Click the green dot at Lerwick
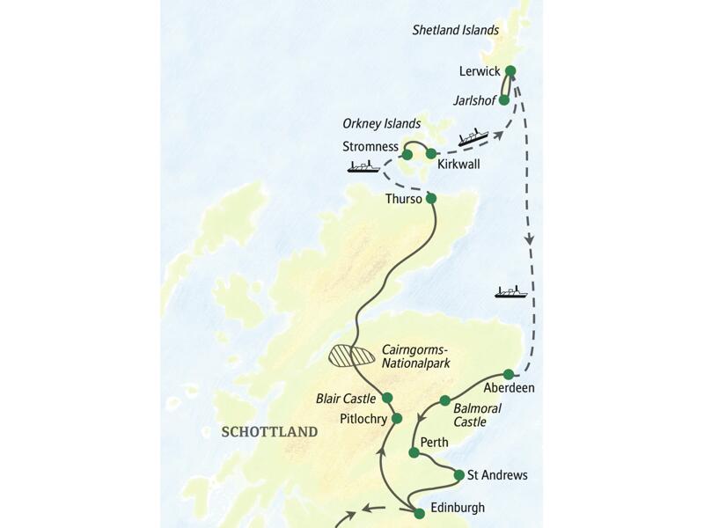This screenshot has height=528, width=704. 510,71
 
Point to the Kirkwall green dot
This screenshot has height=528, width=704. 431,153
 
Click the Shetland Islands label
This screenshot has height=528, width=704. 456,30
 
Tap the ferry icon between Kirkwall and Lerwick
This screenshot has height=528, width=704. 473,137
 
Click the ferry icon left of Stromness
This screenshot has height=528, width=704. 363,165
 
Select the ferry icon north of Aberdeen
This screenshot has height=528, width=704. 510,291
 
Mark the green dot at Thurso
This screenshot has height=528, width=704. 431,199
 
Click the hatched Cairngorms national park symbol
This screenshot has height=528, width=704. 351,356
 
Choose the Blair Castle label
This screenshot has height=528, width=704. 346,399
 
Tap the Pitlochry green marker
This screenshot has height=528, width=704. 397,418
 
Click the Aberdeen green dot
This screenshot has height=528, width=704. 509,374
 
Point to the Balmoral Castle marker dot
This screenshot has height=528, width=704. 445,400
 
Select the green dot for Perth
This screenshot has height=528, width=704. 414,452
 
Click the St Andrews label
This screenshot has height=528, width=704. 497,475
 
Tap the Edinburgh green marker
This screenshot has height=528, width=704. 420,513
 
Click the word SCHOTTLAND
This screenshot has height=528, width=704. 270,432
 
